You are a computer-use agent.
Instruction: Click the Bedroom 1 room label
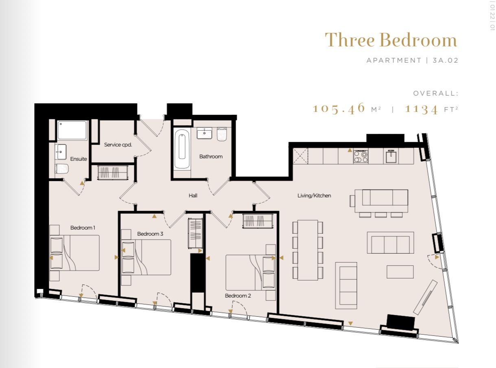[83, 228]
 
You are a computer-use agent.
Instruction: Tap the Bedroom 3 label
[150, 234]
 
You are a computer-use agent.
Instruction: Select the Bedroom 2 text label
[238, 296]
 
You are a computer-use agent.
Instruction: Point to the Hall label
[193, 195]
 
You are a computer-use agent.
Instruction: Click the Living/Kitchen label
[314, 195]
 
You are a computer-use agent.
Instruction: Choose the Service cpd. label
[118, 145]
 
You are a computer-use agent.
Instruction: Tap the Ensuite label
[79, 159]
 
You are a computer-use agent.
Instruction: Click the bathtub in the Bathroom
[182, 149]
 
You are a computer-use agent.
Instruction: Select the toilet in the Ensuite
[61, 169]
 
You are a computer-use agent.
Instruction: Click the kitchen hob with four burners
[361, 156]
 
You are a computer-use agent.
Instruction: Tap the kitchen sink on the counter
[392, 156]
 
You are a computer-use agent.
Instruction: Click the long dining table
[308, 250]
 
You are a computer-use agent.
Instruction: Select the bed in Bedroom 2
[251, 272]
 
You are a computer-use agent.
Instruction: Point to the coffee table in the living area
[400, 272]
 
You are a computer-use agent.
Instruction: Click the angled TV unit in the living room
[425, 297]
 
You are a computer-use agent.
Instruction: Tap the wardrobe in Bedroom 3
[195, 233]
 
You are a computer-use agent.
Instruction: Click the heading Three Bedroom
[391, 40]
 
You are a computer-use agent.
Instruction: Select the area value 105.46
[339, 109]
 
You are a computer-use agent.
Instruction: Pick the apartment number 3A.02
[445, 60]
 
